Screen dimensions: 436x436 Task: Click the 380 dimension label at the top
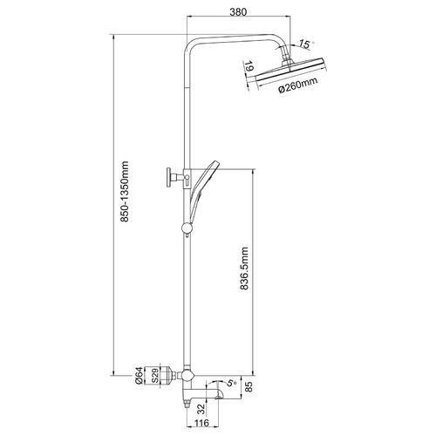click(238, 11)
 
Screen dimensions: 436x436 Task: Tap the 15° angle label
click(305, 44)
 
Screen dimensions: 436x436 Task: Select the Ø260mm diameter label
click(297, 85)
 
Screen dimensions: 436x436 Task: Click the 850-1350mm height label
click(125, 191)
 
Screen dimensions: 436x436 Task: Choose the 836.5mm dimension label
click(245, 269)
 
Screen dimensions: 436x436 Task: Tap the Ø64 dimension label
click(140, 376)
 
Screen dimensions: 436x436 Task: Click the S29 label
click(155, 376)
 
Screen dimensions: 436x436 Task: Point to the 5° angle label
click(232, 382)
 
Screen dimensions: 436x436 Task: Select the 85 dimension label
click(249, 387)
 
